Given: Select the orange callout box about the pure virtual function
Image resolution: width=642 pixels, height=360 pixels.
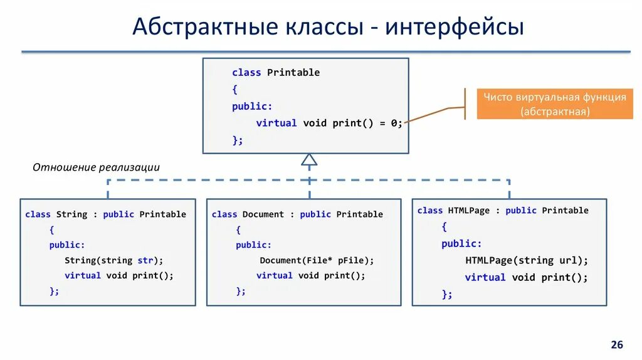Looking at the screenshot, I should tap(554, 104).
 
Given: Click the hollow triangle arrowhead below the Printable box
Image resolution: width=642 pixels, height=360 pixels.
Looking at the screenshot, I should tap(308, 159).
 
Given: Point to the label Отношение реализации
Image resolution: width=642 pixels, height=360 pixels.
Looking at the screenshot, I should tap(96, 167).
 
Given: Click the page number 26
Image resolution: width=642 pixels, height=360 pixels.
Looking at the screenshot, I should tap(617, 345).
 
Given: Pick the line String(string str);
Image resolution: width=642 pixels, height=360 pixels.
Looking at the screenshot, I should tap(113, 260).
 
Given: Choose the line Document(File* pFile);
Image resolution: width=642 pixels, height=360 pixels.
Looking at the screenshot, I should tap(316, 260).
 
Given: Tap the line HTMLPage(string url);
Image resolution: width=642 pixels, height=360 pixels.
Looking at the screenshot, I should tap(527, 260).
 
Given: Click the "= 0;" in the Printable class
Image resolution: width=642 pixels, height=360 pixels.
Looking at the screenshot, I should tap(392, 124).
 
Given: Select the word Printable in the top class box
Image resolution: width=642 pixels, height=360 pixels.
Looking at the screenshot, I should tap(293, 73).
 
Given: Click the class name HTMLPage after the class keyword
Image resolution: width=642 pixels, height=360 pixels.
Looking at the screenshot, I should tap(468, 211).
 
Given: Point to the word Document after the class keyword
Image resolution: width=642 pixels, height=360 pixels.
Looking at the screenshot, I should tap(263, 214).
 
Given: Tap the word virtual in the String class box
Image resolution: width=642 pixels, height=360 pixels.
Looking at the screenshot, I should tap(82, 275).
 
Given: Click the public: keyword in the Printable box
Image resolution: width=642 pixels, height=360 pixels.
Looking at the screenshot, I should tap(252, 107).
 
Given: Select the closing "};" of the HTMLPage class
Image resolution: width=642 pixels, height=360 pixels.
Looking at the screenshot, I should tap(446, 294).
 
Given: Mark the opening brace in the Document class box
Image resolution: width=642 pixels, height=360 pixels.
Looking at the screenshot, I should tap(238, 230).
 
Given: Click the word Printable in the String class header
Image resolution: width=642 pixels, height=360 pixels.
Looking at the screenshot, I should tap(163, 214).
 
